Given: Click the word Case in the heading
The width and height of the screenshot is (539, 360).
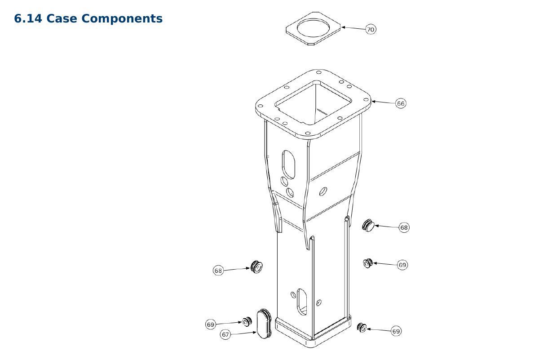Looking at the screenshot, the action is [x=62, y=18].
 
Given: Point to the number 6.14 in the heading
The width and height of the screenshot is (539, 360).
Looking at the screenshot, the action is [x=28, y=18].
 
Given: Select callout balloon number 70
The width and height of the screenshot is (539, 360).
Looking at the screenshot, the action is [x=371, y=29].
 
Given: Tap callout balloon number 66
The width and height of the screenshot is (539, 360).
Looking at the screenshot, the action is [x=400, y=103].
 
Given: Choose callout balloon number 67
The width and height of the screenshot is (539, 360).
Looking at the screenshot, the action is [x=225, y=334].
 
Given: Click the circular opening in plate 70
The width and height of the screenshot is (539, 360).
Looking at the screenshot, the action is [x=313, y=28].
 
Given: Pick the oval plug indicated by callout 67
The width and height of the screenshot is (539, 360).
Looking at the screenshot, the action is [x=264, y=324].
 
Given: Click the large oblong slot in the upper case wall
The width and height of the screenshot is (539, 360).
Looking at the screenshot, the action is [x=288, y=164].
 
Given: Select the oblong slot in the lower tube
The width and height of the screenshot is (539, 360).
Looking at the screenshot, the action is [x=302, y=302].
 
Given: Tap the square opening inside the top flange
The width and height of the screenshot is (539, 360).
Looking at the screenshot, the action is [x=313, y=103].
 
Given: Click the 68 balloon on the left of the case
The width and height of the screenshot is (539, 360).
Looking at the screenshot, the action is [x=218, y=271].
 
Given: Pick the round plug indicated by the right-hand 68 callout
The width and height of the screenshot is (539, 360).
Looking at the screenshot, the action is [x=368, y=225].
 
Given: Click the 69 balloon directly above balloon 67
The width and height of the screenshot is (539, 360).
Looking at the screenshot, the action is [x=210, y=324].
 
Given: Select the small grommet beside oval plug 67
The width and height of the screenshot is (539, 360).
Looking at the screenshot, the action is [x=247, y=322].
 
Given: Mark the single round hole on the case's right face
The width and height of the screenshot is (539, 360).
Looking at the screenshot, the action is [x=323, y=191].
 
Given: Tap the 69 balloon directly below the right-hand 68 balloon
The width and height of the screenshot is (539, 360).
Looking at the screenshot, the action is [x=402, y=265].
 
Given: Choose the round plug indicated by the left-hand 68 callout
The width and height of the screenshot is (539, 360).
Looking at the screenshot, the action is [x=256, y=267].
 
